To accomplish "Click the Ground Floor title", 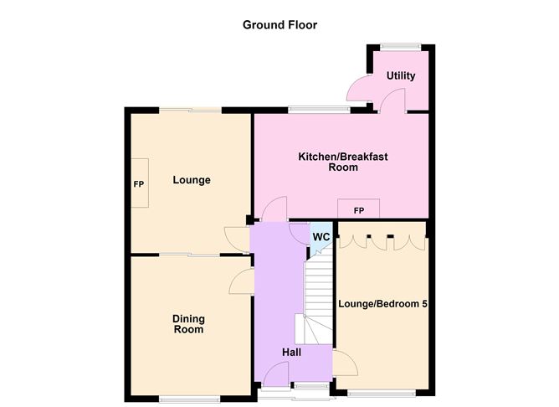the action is coord(279,25).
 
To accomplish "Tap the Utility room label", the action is coord(401,75).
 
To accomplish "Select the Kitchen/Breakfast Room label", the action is coord(343,162).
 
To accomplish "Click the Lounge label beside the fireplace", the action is coord(192,180).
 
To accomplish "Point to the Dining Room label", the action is coord(188,323).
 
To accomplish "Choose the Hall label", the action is coord(291,352).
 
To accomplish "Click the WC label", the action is coord(321,237).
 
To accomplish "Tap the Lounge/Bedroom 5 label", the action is coord(383,304).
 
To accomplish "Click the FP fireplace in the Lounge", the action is coord(140,183).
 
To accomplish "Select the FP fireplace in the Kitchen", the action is coord(359,209).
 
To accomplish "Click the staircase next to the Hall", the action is coord(317,296).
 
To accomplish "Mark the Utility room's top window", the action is coord(400,46).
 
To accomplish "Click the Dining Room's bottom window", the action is coord(189,399).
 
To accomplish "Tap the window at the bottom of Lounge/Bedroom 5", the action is coord(381,393).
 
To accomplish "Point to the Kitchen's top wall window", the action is coord(320,110).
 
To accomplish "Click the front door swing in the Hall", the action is coord(276,374).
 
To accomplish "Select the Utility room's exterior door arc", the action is coord(359,88).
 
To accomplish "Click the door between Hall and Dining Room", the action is coord(242,281).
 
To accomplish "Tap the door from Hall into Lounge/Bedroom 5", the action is coord(345,363).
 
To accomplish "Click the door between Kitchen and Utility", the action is coord(392,101).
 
